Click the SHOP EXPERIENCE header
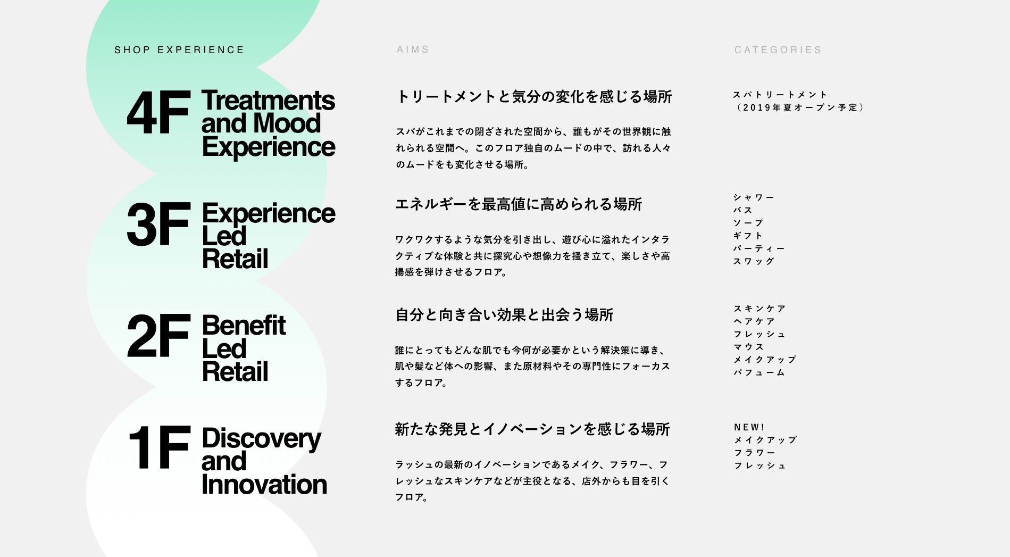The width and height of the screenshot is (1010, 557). pyautogui.click(x=179, y=50)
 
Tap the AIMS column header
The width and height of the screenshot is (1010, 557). pyautogui.click(x=413, y=49)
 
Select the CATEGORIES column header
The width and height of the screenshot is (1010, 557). pyautogui.click(x=778, y=50)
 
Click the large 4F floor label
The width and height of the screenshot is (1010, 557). pyautogui.click(x=158, y=113)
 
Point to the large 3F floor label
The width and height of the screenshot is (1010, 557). pyautogui.click(x=158, y=225)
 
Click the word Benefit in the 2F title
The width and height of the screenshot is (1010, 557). pyautogui.click(x=244, y=326)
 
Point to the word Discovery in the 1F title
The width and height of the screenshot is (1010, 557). pyautogui.click(x=261, y=439)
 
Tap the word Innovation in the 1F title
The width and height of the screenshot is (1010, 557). pyautogui.click(x=264, y=484)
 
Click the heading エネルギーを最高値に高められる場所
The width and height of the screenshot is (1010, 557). pyautogui.click(x=519, y=204)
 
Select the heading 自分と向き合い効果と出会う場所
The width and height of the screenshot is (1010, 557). pyautogui.click(x=504, y=315)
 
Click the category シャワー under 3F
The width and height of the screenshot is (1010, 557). pyautogui.click(x=754, y=197)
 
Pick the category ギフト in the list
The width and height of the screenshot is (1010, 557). pyautogui.click(x=748, y=236)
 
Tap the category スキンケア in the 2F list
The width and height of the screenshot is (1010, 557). pyautogui.click(x=759, y=309)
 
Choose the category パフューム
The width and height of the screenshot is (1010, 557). pyautogui.click(x=759, y=372)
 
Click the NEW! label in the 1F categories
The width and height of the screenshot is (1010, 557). pyautogui.click(x=749, y=427)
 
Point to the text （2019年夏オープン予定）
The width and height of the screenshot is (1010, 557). pyautogui.click(x=800, y=107)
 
